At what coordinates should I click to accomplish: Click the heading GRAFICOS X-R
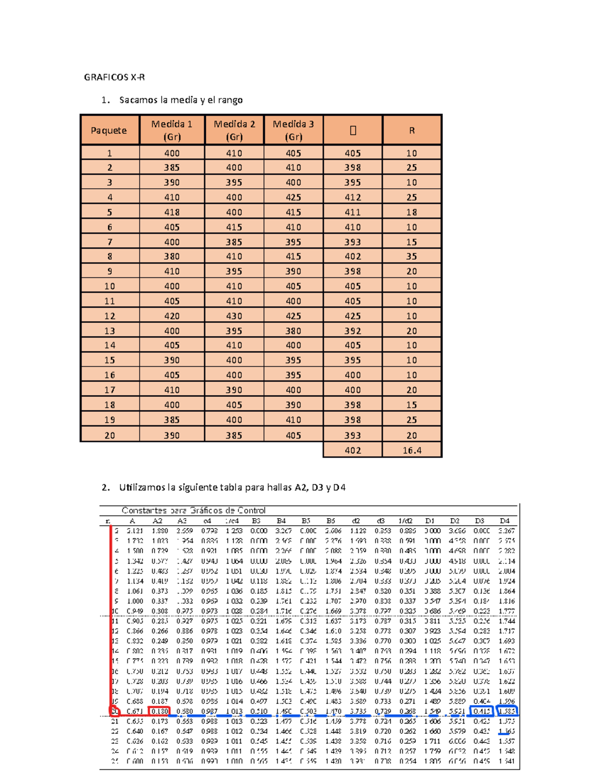click(114, 77)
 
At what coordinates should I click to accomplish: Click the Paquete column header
click(109, 130)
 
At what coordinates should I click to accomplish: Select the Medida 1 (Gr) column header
click(172, 130)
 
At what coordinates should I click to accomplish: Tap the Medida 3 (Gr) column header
click(293, 130)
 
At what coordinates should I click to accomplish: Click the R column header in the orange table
click(412, 130)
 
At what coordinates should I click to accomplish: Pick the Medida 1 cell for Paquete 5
click(172, 212)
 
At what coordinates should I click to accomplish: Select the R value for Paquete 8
click(412, 256)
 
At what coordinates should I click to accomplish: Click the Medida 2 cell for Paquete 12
click(234, 316)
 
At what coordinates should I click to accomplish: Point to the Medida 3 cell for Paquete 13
click(293, 331)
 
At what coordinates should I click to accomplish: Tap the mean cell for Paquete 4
click(353, 197)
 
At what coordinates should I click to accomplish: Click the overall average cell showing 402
click(353, 450)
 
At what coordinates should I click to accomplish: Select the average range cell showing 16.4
click(412, 450)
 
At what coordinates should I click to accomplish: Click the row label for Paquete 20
click(110, 435)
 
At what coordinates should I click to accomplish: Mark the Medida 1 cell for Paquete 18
click(172, 405)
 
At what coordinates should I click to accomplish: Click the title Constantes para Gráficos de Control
click(193, 510)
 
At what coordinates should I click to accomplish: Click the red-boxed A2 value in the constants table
click(160, 711)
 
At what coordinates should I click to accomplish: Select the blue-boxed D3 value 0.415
click(481, 711)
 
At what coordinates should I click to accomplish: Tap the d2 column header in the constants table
click(356, 521)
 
